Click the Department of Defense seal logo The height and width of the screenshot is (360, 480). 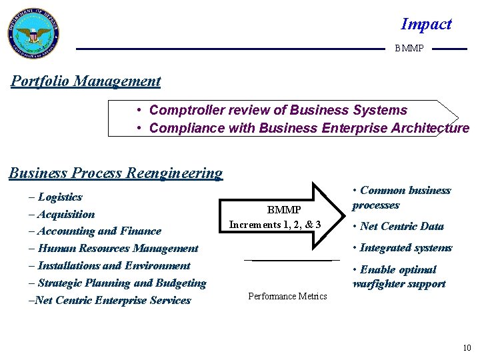pos(33,34)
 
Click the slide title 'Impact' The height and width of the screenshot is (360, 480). pos(426,25)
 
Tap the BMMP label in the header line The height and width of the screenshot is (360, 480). pos(409,49)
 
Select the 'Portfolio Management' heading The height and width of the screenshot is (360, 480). pos(86,81)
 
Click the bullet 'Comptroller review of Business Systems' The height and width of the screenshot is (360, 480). pos(277,110)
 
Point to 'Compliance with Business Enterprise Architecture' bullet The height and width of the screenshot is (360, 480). pos(309,128)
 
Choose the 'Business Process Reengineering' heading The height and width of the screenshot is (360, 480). pos(115,173)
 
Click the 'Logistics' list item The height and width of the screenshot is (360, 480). pos(60,197)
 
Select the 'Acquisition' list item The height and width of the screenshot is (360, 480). pos(66,215)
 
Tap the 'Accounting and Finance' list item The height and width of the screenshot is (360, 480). pos(99,231)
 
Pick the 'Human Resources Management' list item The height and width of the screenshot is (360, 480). pos(117,249)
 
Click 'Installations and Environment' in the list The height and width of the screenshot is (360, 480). pos(113,265)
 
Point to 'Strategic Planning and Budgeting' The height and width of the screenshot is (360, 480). pos(121,283)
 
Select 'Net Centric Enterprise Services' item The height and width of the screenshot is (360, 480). pos(113,300)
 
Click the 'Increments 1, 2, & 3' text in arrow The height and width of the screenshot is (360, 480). pos(275,225)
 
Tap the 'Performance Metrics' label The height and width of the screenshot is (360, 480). pos(287,296)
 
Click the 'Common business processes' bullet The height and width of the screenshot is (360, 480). pos(401,198)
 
